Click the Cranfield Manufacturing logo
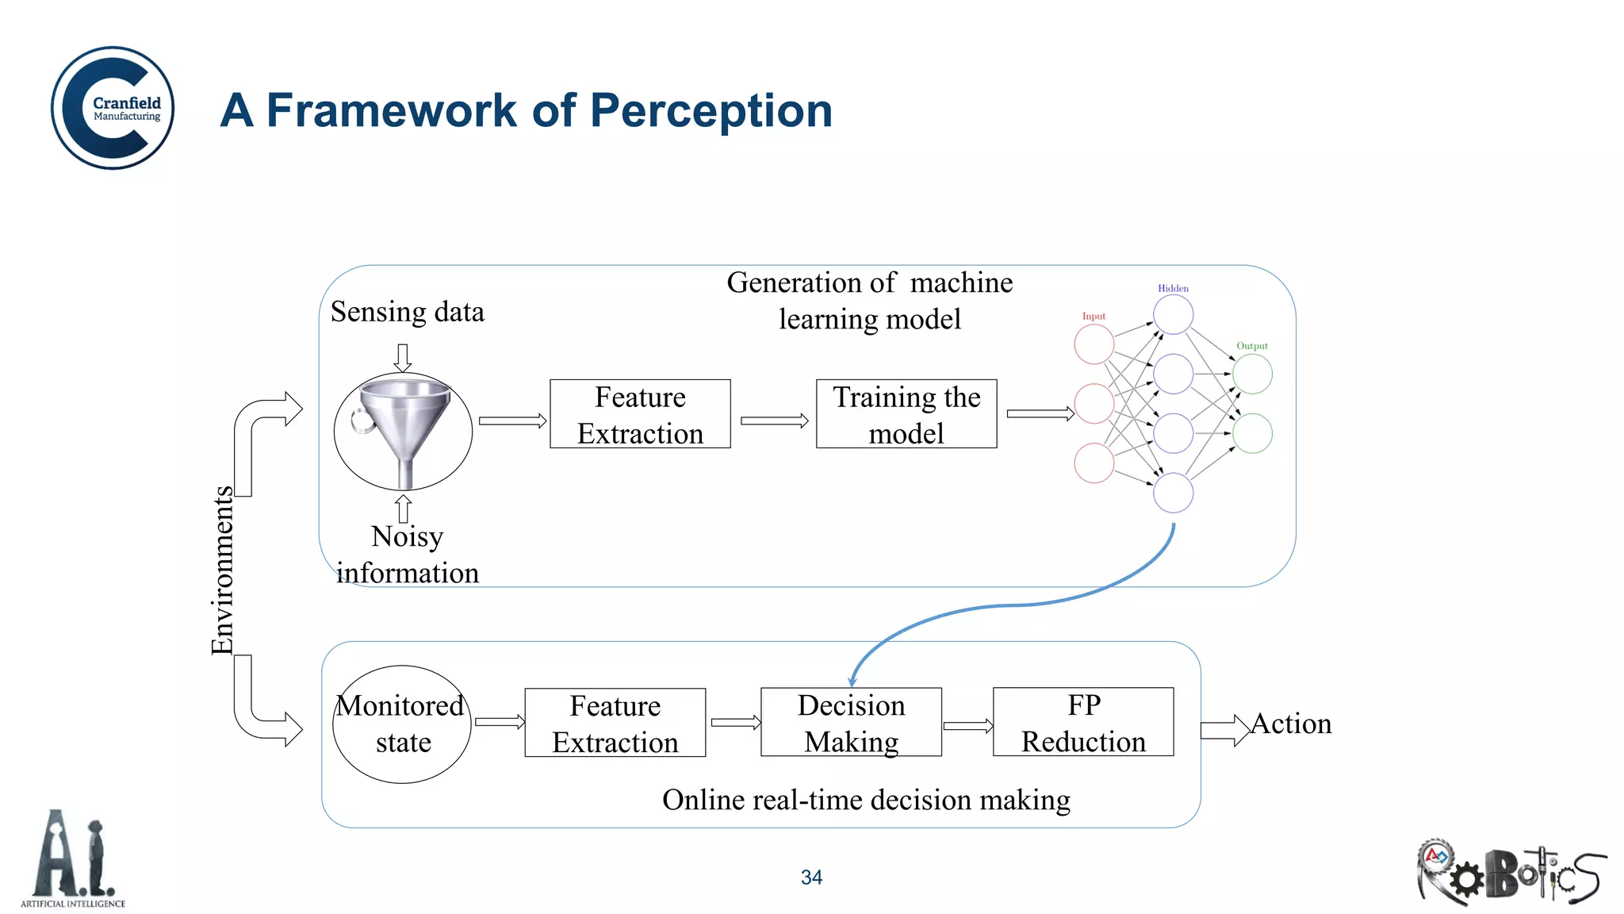(x=113, y=108)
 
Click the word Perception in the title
(x=711, y=110)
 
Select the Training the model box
(x=906, y=414)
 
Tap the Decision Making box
(x=851, y=722)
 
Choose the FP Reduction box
(x=1083, y=722)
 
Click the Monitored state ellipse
(x=402, y=724)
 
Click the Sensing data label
(x=407, y=312)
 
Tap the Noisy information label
(x=407, y=555)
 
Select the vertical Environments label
(x=222, y=570)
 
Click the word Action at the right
(x=1291, y=724)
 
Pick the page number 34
(x=811, y=878)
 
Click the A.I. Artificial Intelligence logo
(x=73, y=859)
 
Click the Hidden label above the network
(x=1173, y=288)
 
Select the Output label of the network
(x=1252, y=346)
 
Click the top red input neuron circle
(x=1094, y=344)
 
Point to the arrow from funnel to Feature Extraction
(x=512, y=421)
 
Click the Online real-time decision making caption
(x=866, y=800)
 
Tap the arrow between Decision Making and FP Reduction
(x=967, y=725)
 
